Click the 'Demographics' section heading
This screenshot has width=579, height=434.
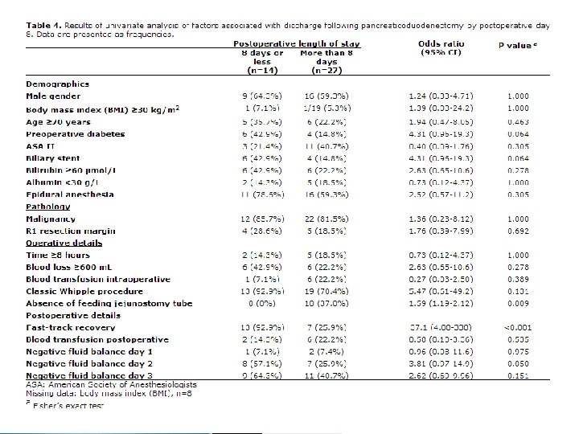pos(57,84)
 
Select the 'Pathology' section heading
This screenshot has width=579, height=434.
pos(48,206)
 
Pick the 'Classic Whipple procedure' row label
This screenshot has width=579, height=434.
pos(85,290)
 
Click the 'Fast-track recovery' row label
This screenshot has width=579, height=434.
pos(69,327)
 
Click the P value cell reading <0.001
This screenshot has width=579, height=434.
pos(517,327)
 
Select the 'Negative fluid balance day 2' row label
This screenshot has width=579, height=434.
pos(88,363)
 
